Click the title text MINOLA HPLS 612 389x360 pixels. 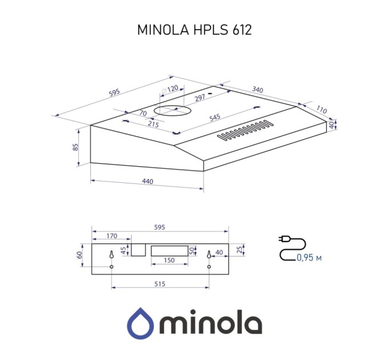pyautogui.click(x=194, y=30)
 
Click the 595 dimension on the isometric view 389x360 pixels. pyautogui.click(x=114, y=93)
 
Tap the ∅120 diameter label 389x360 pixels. pyautogui.click(x=170, y=89)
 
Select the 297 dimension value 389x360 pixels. pyautogui.click(x=200, y=98)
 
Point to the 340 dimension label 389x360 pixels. pyautogui.click(x=257, y=90)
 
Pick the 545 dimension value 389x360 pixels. pyautogui.click(x=215, y=118)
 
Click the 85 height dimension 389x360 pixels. pyautogui.click(x=76, y=147)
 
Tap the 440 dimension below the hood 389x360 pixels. pyautogui.click(x=147, y=182)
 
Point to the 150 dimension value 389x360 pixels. pyautogui.click(x=169, y=261)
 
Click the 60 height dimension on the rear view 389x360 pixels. pyautogui.click(x=80, y=255)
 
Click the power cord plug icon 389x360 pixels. pyautogui.click(x=284, y=239)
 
